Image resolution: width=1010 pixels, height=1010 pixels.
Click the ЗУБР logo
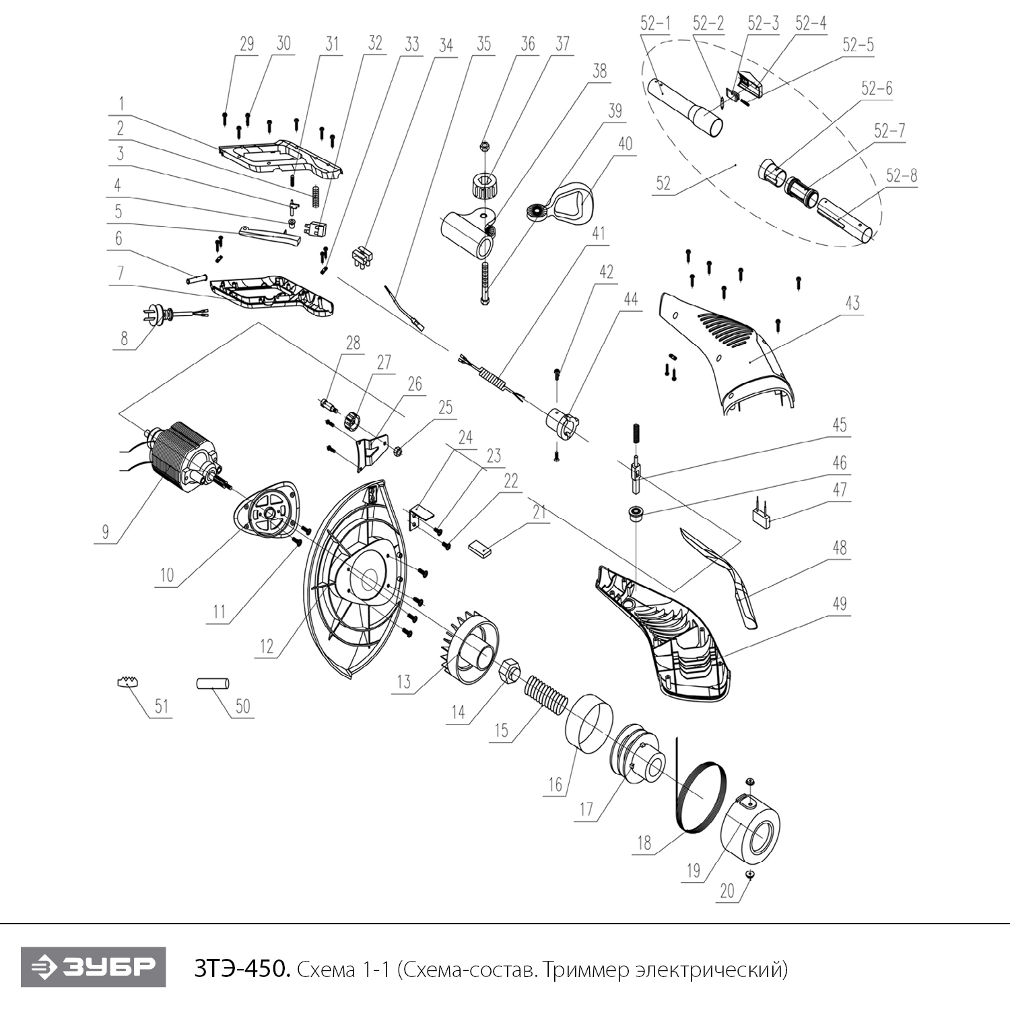coord(93,968)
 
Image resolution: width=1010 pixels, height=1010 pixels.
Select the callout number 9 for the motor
coord(105,531)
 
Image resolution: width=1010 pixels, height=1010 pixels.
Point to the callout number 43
coord(852,303)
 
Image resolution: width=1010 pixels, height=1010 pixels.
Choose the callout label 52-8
coord(902,176)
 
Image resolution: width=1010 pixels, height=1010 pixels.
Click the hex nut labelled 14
coord(510,669)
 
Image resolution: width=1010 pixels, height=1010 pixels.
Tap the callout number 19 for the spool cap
coord(694,871)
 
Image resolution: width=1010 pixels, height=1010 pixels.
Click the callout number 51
coord(162,706)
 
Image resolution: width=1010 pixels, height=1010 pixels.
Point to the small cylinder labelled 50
coord(212,683)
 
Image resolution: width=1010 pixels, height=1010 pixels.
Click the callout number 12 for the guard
coord(267,646)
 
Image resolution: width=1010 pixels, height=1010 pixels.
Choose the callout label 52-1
coord(655,24)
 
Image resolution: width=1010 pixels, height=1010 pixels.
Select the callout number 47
coord(839,490)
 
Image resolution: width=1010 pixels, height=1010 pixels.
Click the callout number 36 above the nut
coord(528,44)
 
